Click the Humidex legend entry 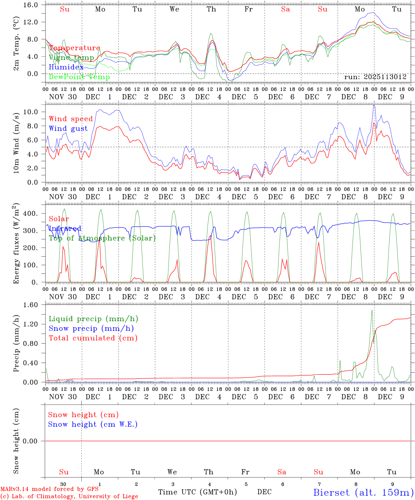point(66,67)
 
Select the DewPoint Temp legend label point(79,77)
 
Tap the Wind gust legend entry point(68,128)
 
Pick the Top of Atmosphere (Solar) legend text point(102,238)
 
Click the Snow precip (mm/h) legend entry point(91,328)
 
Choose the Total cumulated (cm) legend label point(93,338)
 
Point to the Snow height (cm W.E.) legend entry point(92,424)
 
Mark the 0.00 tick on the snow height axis point(31,441)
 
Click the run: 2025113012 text point(375,77)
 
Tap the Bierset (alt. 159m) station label point(363,492)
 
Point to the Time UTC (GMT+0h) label point(197,492)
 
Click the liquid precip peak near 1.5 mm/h point(372,310)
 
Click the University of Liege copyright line point(69,496)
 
